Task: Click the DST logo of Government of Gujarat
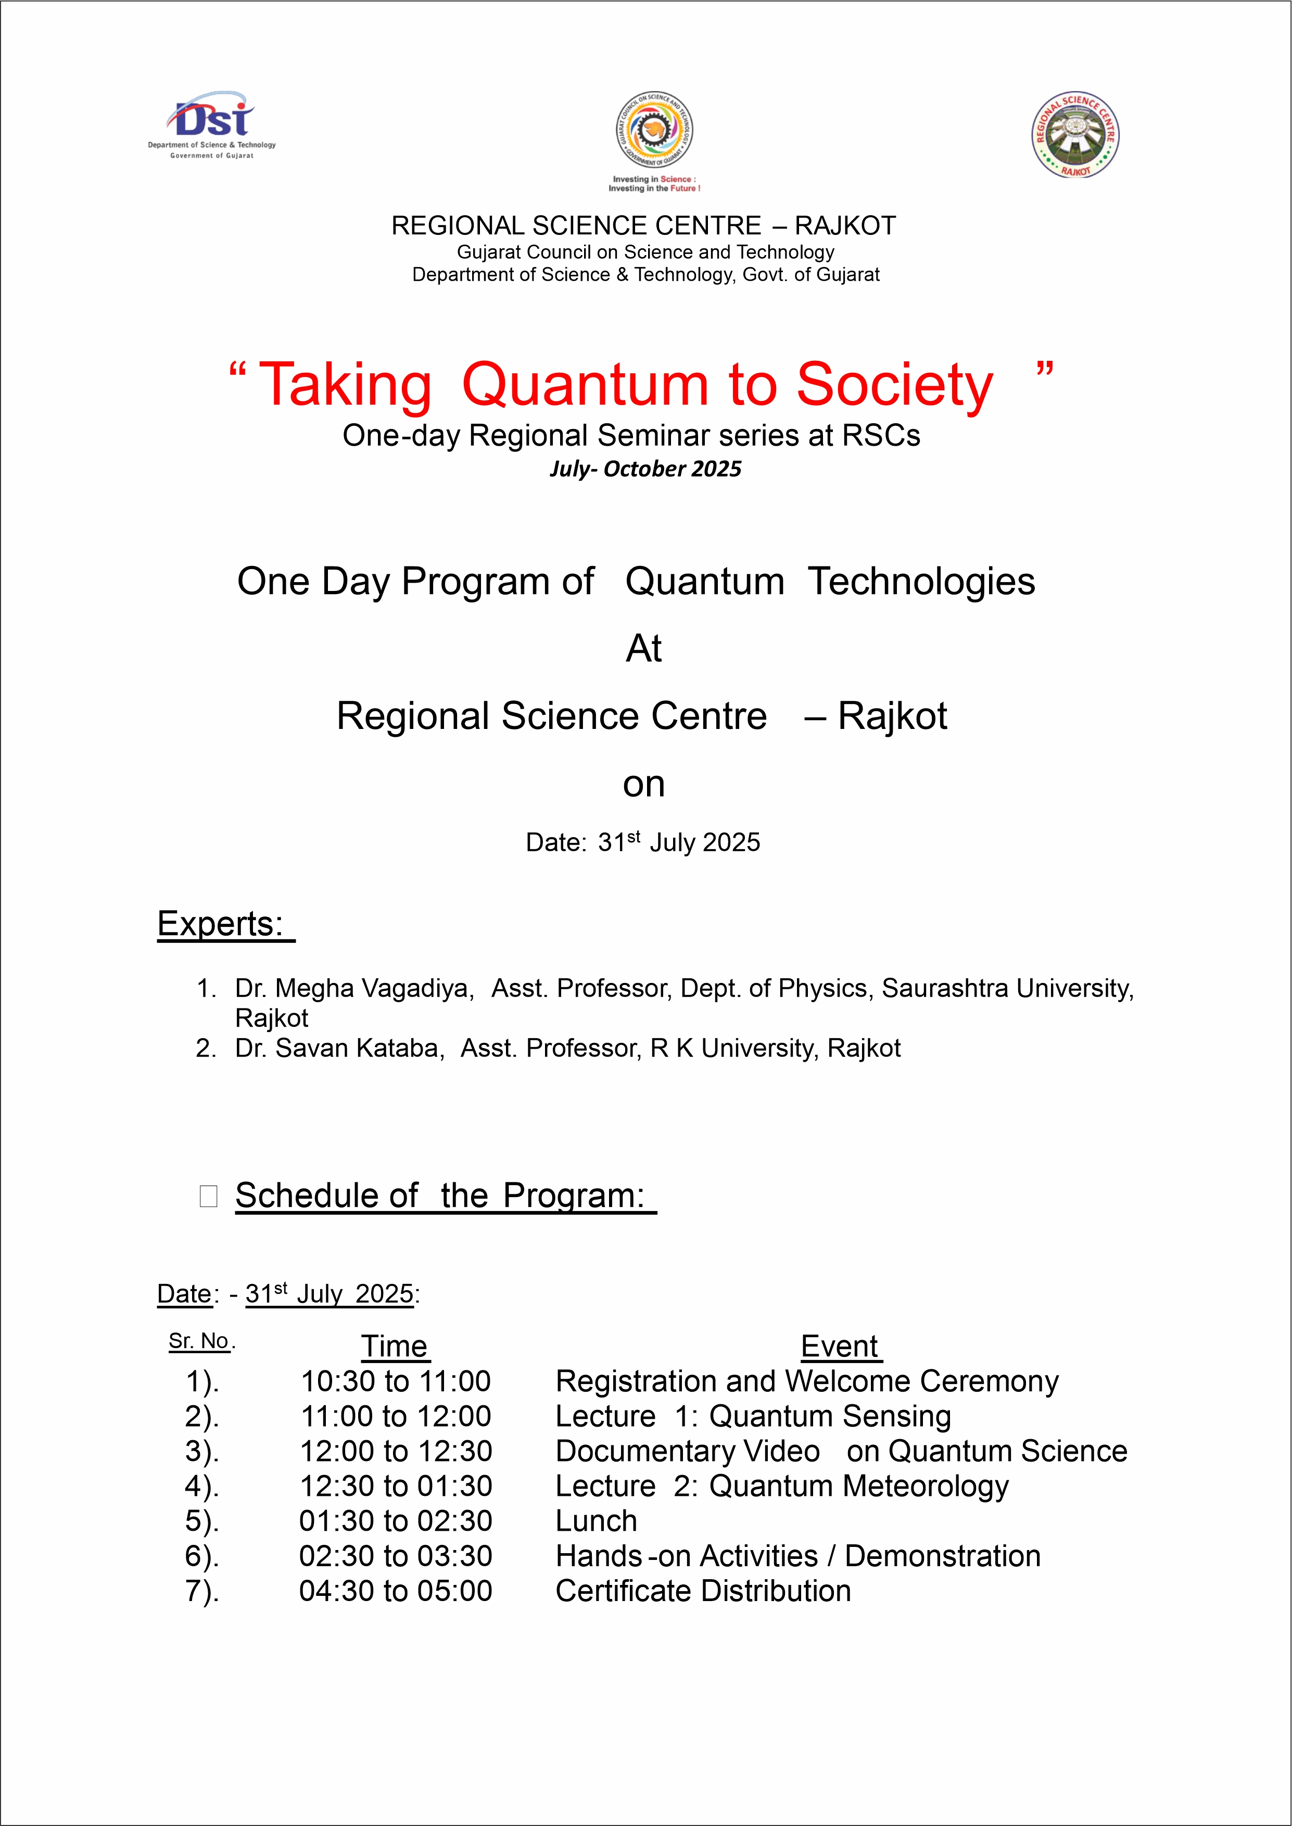[212, 123]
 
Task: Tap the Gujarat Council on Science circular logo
[654, 131]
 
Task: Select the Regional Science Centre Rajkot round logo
[1075, 134]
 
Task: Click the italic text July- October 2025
[645, 469]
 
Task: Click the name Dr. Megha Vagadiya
[354, 988]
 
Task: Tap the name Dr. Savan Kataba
[339, 1048]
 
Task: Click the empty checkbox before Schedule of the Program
[208, 1196]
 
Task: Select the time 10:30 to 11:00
[396, 1381]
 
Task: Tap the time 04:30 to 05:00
[396, 1591]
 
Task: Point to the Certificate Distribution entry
[703, 1591]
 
